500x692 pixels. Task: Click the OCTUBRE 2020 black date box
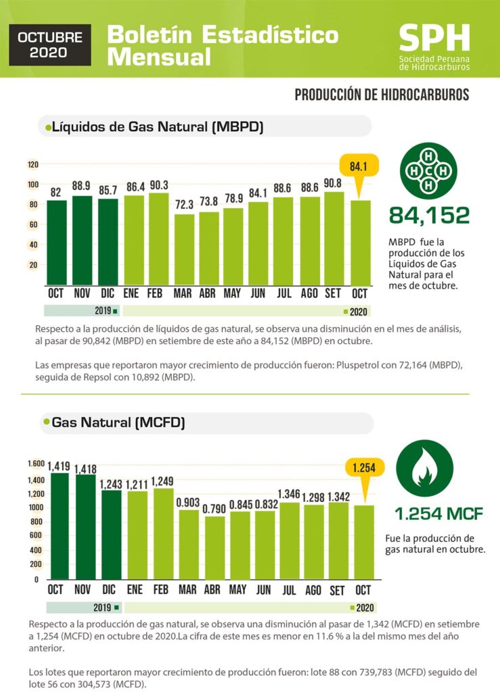(50, 45)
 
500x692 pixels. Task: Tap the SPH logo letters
(434, 39)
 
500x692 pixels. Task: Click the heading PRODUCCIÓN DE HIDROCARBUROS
(382, 95)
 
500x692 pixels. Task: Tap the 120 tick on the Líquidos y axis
(33, 165)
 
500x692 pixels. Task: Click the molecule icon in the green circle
(428, 170)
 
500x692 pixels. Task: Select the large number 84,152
(429, 216)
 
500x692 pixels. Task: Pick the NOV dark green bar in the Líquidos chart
(81, 240)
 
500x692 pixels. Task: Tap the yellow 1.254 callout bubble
(365, 468)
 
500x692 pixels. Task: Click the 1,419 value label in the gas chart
(59, 465)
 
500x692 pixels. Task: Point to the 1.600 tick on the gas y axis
(36, 464)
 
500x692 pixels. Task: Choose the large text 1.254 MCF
(440, 514)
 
